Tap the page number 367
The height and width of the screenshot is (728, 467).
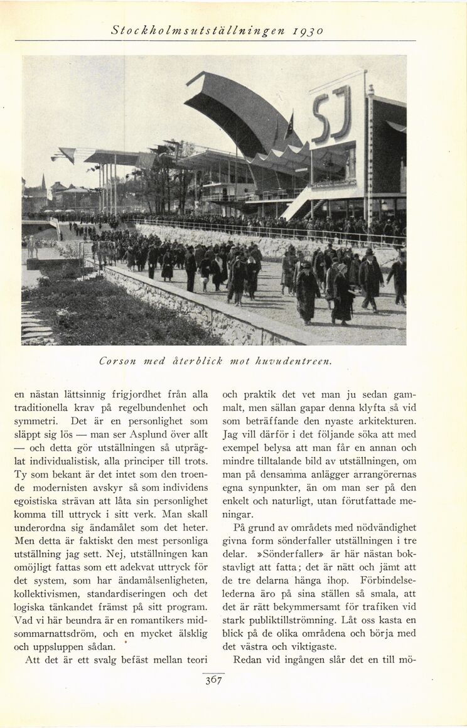coord(214,680)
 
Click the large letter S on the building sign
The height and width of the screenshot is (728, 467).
coord(321,119)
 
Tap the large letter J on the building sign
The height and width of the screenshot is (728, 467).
coord(342,113)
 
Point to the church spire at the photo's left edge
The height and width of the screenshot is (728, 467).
coord(43,183)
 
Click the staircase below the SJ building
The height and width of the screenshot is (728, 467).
coord(314,208)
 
